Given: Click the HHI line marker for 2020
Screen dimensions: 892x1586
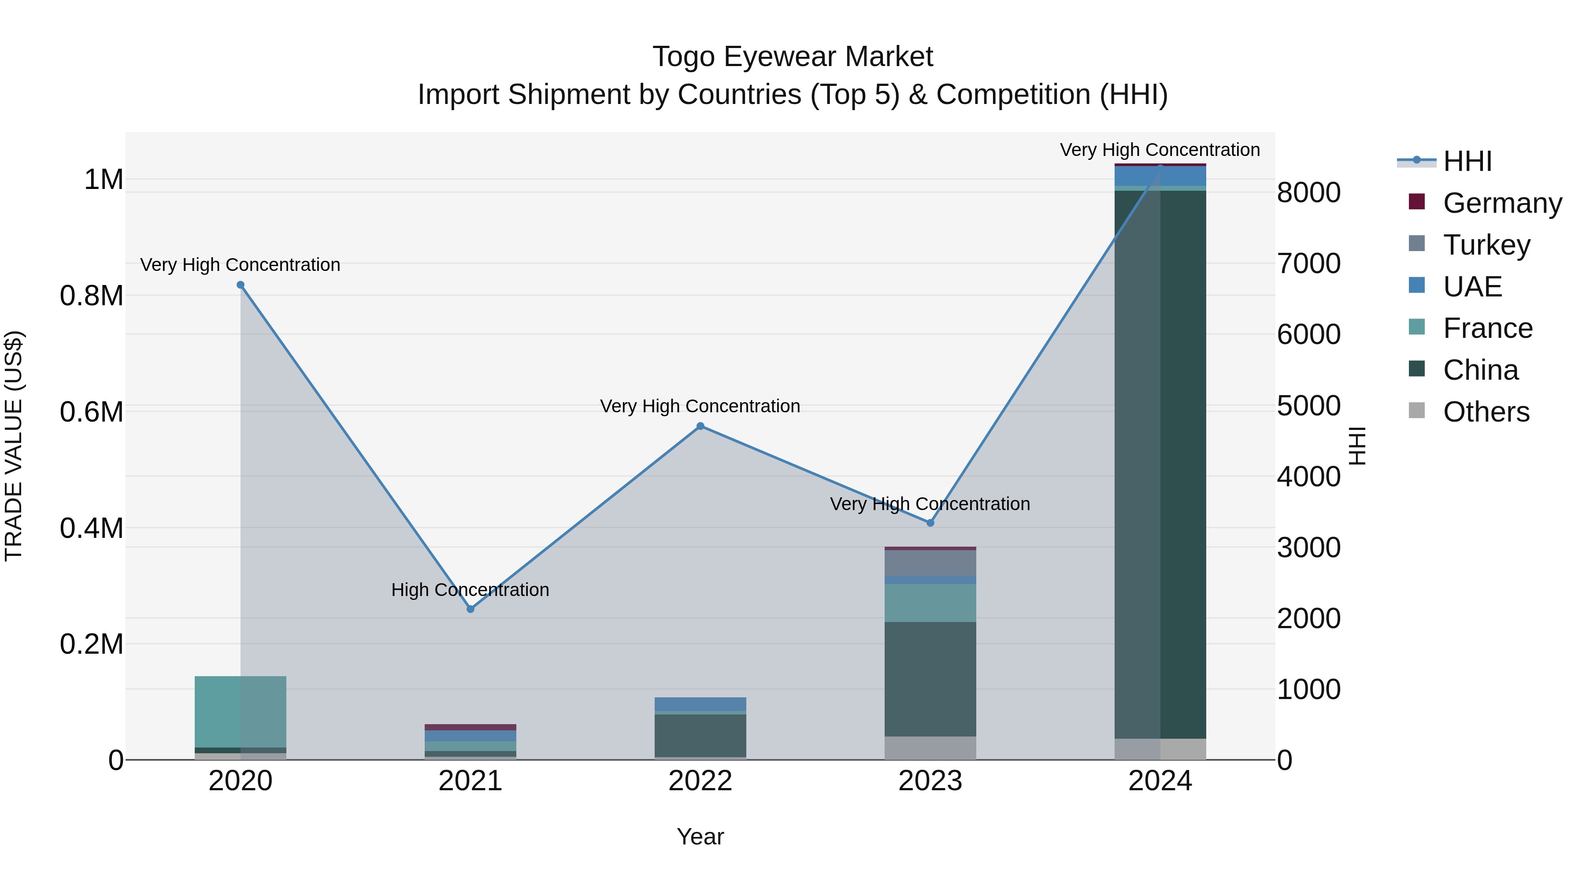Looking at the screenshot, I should click(241, 285).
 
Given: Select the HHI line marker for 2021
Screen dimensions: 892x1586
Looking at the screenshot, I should click(471, 609).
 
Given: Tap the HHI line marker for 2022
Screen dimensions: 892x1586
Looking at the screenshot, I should click(700, 426).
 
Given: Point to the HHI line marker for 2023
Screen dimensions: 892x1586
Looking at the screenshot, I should click(930, 522).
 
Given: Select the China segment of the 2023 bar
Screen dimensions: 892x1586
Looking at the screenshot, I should click(930, 679).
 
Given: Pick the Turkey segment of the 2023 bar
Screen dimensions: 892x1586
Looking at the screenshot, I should click(930, 563).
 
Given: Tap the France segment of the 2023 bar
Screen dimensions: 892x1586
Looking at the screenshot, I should click(930, 603).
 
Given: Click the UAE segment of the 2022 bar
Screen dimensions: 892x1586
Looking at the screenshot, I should click(700, 703).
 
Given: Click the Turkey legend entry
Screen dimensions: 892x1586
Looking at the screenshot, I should click(1486, 245).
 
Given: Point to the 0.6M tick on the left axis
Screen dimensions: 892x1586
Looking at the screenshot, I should click(92, 412).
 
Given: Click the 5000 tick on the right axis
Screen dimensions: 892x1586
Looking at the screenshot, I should click(1308, 406).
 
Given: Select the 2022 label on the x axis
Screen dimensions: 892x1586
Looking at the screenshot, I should click(700, 781).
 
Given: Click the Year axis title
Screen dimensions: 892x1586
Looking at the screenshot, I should click(700, 836).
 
